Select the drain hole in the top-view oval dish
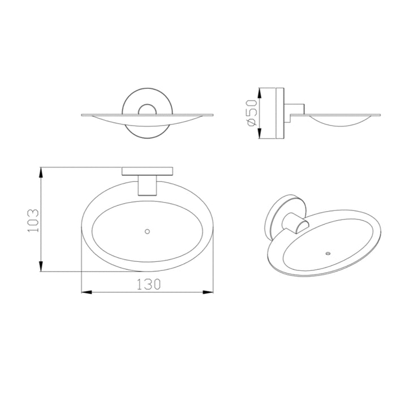pyautogui.click(x=148, y=231)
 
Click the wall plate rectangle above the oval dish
pyautogui.click(x=148, y=171)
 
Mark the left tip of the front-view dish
pyautogui.click(x=83, y=116)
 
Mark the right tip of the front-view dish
pyautogui.click(x=213, y=116)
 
